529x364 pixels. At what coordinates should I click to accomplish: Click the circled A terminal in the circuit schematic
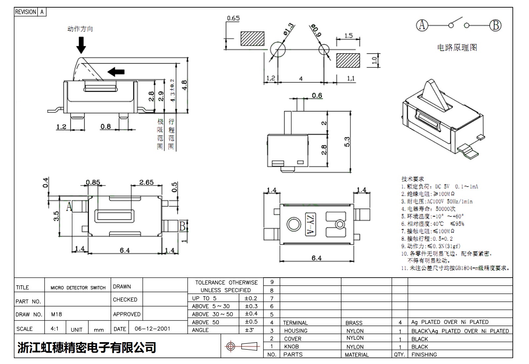tap(422, 25)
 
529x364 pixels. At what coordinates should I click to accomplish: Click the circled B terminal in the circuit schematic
tap(495, 25)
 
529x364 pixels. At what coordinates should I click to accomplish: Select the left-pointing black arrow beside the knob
tap(116, 71)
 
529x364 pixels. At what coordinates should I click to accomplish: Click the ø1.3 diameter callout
tap(288, 29)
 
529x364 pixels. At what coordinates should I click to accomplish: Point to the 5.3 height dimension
tap(347, 142)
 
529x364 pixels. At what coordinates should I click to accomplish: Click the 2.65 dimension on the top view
tap(146, 182)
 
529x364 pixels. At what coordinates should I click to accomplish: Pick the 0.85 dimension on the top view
tap(93, 182)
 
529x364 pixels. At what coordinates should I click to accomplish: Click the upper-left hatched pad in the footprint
tap(253, 39)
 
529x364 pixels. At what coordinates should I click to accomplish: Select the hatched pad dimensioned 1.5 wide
tap(348, 60)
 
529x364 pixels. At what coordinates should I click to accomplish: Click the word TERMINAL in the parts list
tap(295, 323)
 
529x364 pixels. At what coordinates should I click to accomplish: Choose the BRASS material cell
tap(354, 323)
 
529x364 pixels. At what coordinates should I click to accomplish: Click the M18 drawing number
tap(57, 314)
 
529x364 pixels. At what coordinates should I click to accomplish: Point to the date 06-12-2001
tap(152, 329)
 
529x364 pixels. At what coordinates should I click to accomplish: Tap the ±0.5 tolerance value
tap(251, 322)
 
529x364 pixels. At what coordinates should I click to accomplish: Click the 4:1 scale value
tap(55, 329)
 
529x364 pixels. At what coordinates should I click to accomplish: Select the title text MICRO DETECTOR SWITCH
tap(78, 288)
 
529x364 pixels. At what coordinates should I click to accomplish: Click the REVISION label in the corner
tap(25, 12)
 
